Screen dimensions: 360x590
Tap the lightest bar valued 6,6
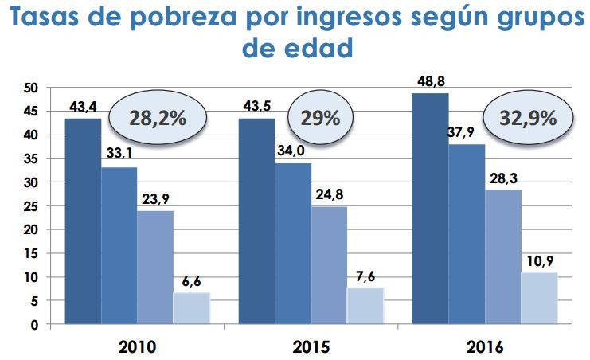click(192, 308)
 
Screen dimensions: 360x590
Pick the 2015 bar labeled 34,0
click(293, 243)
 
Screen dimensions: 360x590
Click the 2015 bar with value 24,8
click(329, 265)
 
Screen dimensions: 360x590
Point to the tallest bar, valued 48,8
click(431, 209)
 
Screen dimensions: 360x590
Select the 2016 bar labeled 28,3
click(503, 256)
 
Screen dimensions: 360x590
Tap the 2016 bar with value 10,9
click(540, 298)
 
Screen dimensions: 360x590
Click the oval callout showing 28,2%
click(157, 119)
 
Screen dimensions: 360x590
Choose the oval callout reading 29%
click(320, 119)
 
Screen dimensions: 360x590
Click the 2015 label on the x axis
click(311, 347)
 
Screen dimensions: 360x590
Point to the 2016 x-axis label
click(485, 347)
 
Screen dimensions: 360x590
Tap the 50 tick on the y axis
click(30, 88)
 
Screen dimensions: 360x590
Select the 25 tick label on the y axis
click(30, 206)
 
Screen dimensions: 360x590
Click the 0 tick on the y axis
click(34, 325)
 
